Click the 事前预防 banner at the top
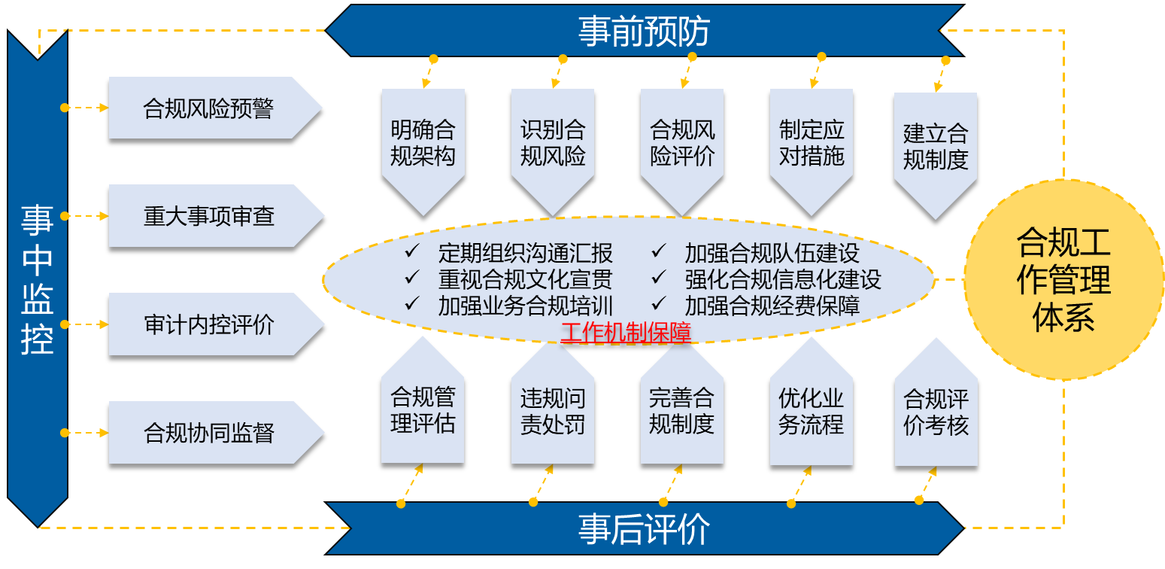644,31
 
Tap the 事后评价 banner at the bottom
644,528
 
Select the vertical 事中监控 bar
37,278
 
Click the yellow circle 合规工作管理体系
1063,279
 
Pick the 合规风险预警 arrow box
208,108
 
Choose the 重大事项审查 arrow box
208,217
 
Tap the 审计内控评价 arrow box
208,325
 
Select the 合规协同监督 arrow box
208,434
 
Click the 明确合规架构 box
423,143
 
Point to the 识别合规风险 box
552,143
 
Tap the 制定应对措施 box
812,143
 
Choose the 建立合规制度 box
935,146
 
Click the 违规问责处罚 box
552,411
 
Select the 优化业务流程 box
812,411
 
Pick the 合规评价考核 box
936,411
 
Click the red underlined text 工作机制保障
626,332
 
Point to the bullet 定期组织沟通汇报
525,253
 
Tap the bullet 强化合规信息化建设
782,279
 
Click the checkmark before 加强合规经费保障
659,303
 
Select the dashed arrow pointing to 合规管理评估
411,484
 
